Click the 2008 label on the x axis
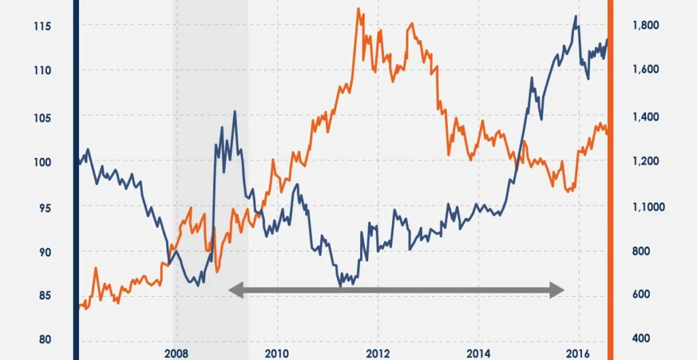[176, 353]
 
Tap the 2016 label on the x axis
[579, 353]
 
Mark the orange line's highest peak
[359, 9]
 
